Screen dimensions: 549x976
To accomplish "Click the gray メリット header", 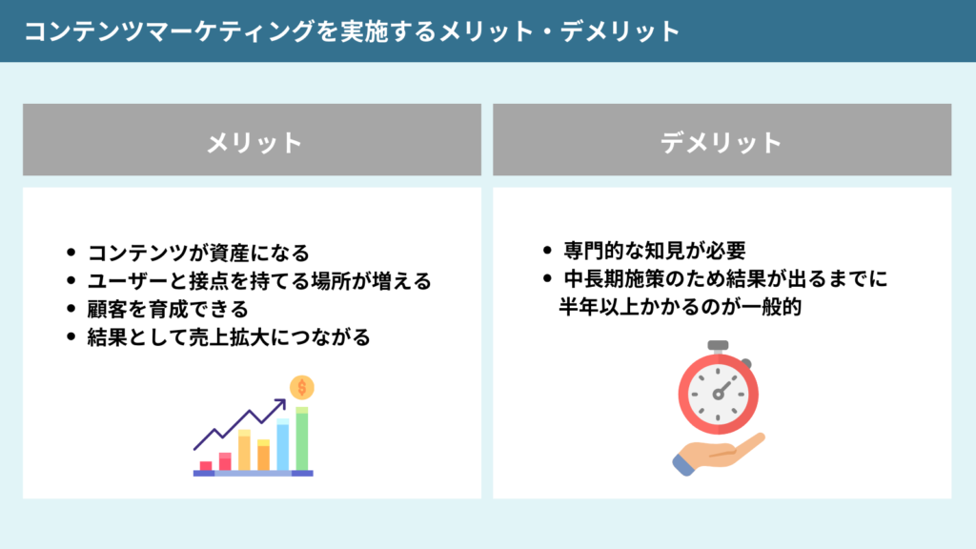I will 253,142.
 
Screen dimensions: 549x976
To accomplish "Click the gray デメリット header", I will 722,142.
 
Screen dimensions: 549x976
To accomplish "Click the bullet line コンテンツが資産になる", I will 198,254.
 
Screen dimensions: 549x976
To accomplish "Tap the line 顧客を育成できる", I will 168,309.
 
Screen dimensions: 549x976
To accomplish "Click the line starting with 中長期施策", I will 723,279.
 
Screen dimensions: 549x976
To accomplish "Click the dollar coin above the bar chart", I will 302,387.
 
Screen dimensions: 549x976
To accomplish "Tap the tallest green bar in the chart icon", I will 302,439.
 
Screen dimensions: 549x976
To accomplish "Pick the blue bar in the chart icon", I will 282,445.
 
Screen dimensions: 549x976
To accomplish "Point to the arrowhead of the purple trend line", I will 281,404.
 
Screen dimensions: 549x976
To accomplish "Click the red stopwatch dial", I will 718,393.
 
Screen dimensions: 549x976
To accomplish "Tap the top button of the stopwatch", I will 718,345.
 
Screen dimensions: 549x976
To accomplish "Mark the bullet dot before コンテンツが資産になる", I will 71,254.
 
